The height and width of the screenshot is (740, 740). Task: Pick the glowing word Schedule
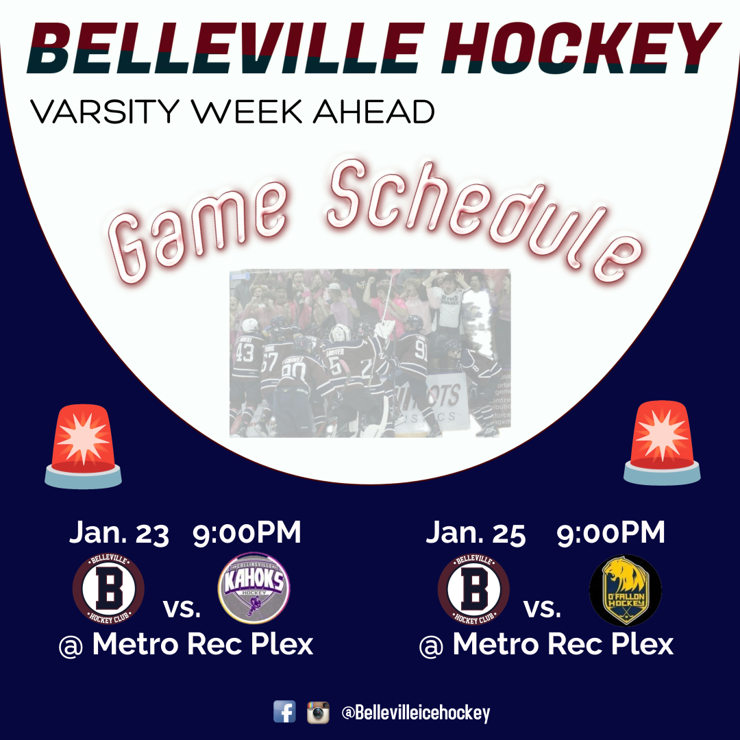coord(480,216)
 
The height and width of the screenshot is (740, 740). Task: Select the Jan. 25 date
coord(476,534)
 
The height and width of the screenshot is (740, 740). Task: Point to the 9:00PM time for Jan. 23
coord(247,534)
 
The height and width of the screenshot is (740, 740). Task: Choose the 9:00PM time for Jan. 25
coord(610,534)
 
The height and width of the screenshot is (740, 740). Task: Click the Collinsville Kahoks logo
coord(254,589)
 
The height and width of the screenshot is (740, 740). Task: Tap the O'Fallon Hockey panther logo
coord(625,590)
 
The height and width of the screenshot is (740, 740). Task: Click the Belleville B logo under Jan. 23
coord(108,589)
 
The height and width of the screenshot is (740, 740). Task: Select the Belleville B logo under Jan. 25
coord(473,590)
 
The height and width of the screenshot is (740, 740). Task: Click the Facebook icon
coord(284,712)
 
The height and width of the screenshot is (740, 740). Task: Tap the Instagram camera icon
coord(318,712)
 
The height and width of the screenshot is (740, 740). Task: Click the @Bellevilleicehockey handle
coord(416,713)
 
